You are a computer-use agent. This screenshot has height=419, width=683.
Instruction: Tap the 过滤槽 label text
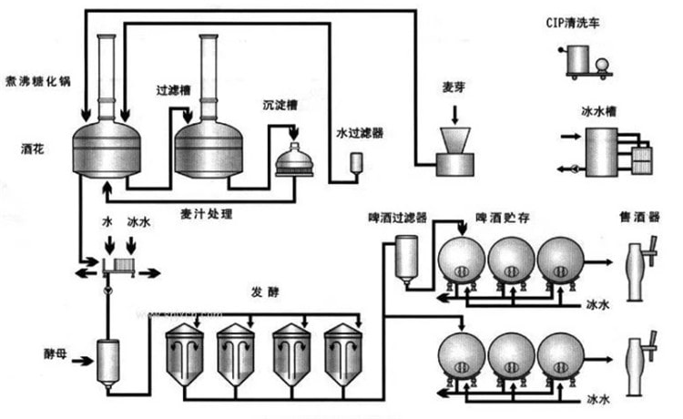click(x=171, y=92)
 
